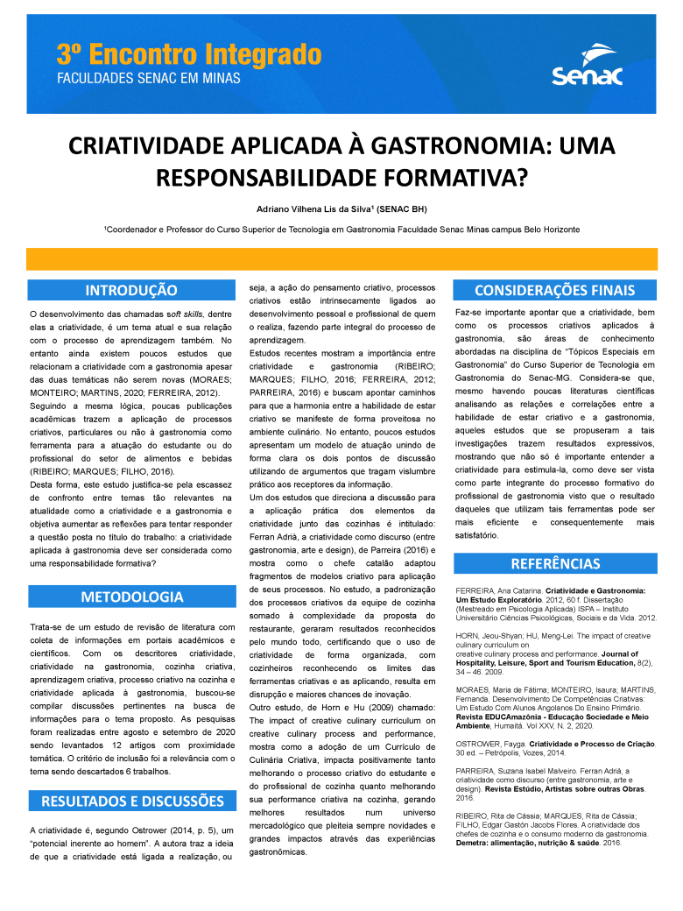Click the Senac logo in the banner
587,66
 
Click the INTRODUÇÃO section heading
131,290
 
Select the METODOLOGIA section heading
131,597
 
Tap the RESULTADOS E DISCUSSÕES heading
131,801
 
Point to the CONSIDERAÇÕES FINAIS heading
554,290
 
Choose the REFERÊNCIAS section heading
554,562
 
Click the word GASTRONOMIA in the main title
407,145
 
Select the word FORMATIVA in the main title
454,178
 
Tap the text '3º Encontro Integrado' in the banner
189,55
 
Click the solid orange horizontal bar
341,259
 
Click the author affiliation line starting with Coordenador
341,230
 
